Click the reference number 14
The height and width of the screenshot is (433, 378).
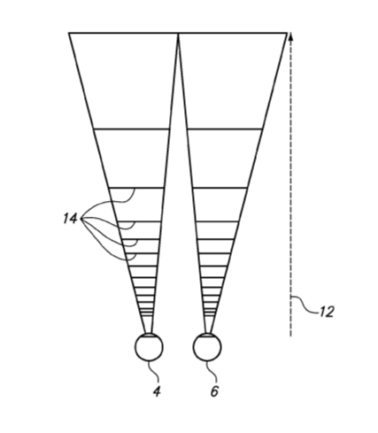click(70, 219)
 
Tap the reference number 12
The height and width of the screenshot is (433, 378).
click(326, 312)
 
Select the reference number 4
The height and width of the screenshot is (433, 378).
click(157, 391)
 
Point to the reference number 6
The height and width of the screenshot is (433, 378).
click(214, 391)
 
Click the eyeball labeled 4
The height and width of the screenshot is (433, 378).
click(149, 347)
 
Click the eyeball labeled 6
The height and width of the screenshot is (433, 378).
click(207, 347)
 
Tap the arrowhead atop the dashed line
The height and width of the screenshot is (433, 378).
click(291, 36)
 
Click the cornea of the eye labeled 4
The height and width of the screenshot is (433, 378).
click(149, 335)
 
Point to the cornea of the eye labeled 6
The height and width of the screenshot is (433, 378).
click(207, 335)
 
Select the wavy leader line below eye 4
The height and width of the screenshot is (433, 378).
click(155, 373)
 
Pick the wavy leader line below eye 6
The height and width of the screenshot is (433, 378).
click(212, 373)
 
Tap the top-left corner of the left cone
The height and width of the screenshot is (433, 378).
click(69, 33)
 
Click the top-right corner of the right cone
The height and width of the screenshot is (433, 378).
click(287, 33)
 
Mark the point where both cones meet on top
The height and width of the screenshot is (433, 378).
click(178, 34)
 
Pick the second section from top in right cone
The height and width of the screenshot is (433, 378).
click(222, 159)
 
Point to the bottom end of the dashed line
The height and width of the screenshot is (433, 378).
click(290, 336)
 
